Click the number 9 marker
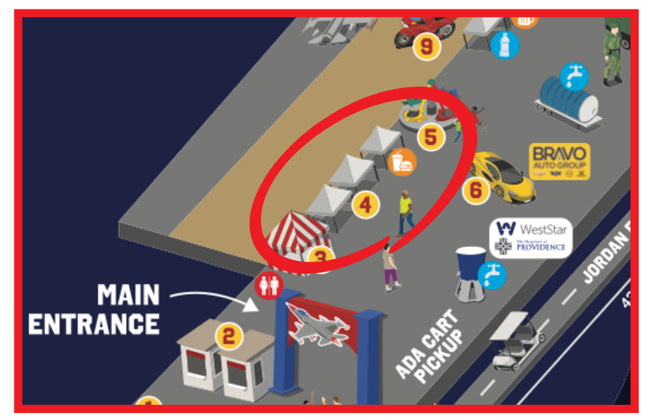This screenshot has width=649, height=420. (427, 46)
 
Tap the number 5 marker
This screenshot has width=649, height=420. (430, 136)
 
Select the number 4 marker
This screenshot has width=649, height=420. (366, 205)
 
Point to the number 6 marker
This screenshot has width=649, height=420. (476, 189)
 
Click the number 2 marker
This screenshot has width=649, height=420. (229, 336)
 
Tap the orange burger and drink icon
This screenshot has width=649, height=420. (402, 162)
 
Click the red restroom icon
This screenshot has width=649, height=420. (268, 286)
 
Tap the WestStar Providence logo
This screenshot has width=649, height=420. (530, 237)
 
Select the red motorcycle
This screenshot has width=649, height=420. (423, 28)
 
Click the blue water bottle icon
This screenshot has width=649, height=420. (505, 45)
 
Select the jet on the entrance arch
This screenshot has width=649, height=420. (317, 324)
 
